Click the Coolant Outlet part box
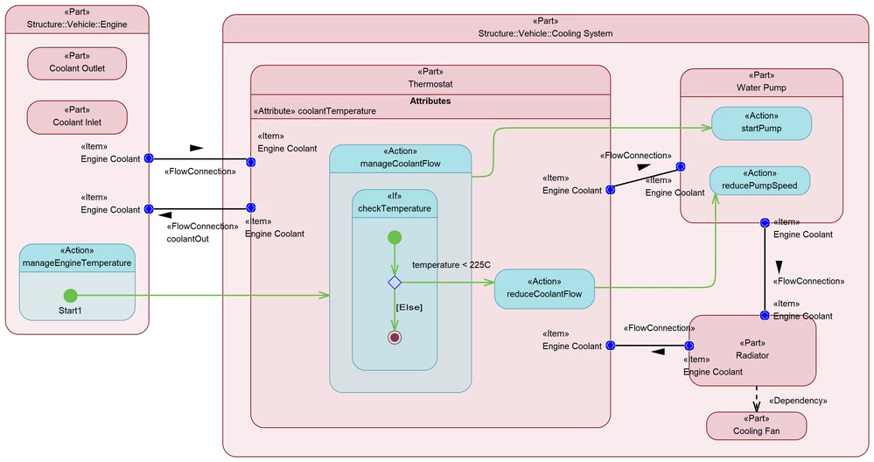(x=77, y=63)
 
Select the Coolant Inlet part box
(x=77, y=117)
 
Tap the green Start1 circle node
(x=70, y=296)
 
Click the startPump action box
(x=760, y=123)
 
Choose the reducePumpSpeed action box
(x=759, y=181)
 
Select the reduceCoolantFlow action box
(x=544, y=289)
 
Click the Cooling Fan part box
(x=756, y=425)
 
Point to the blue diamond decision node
(x=395, y=282)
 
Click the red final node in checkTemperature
(x=395, y=338)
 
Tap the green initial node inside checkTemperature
(x=395, y=237)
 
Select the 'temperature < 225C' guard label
(x=451, y=264)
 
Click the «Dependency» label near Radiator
(x=797, y=401)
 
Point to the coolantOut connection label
(x=187, y=238)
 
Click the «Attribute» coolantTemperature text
(x=314, y=111)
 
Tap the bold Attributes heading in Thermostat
(x=430, y=101)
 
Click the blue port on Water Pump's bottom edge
(x=764, y=223)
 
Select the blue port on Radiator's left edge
(x=689, y=346)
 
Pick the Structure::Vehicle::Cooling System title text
(x=545, y=33)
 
